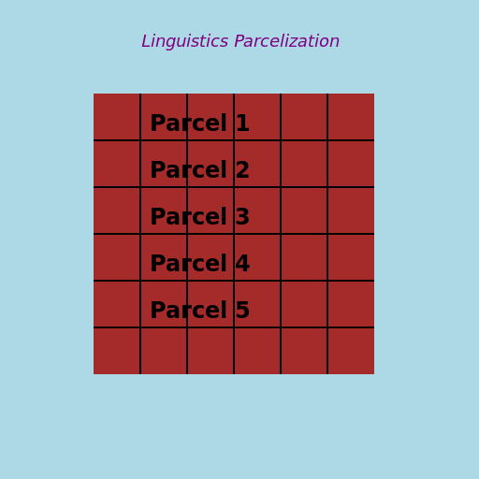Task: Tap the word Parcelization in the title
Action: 286,42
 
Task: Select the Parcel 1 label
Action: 199,123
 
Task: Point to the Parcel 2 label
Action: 199,170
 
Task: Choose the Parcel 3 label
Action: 199,217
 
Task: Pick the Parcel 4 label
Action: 199,264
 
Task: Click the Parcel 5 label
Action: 199,311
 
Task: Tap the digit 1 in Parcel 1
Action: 242,123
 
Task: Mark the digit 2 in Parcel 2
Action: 242,170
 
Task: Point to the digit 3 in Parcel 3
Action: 242,217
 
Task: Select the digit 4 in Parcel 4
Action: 242,264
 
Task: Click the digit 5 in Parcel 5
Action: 242,311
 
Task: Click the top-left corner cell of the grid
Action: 117,117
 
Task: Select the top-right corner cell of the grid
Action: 351,117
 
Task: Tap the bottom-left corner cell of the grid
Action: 117,351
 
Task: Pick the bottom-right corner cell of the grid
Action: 351,351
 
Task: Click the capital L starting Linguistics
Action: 146,42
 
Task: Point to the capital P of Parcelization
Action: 239,42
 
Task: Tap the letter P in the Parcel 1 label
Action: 158,123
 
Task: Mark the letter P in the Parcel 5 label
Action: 158,311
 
